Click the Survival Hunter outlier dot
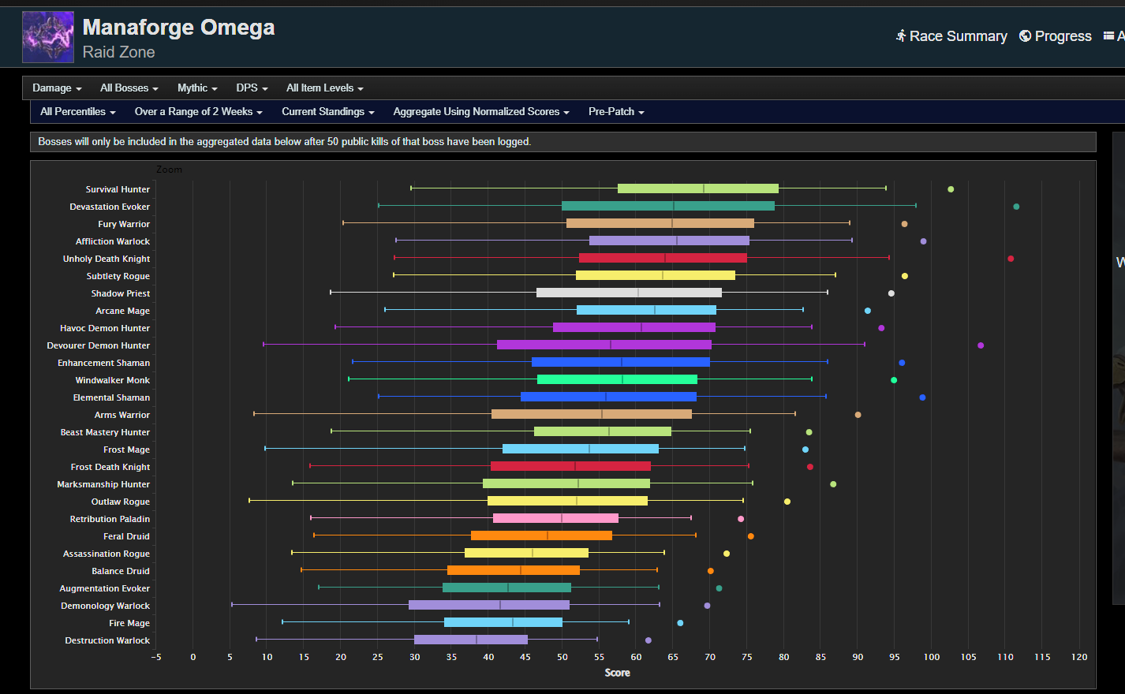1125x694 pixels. click(x=951, y=189)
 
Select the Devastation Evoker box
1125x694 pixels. click(x=667, y=207)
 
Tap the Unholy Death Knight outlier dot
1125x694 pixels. click(x=1011, y=259)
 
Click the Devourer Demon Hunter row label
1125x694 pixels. click(x=98, y=345)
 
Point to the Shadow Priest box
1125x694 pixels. click(x=629, y=293)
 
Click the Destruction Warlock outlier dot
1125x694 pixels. click(x=648, y=640)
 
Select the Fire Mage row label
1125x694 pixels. click(x=129, y=623)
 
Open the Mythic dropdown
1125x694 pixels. click(x=197, y=88)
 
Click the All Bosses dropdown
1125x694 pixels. click(x=129, y=88)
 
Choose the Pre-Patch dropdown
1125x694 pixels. click(x=616, y=112)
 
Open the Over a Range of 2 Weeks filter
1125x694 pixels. click(x=198, y=112)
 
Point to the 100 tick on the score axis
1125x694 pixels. click(x=932, y=657)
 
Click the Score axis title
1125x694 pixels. click(x=617, y=673)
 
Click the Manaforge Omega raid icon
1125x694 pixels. click(x=48, y=37)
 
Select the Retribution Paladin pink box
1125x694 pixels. click(x=555, y=519)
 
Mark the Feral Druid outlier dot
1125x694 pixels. click(x=750, y=536)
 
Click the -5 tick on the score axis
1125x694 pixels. click(x=156, y=657)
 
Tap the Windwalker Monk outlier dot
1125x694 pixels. click(x=894, y=380)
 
